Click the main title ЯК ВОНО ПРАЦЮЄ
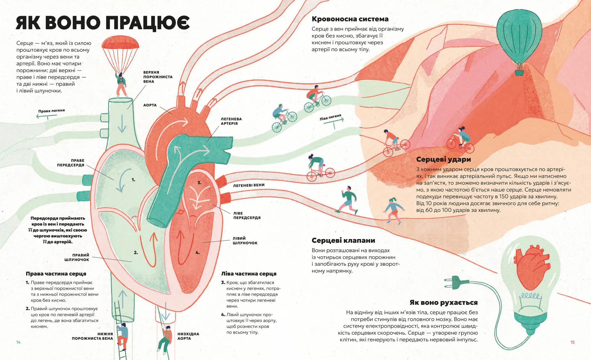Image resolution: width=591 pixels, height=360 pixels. click(103, 22)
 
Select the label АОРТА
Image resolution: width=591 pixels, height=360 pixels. click(150, 105)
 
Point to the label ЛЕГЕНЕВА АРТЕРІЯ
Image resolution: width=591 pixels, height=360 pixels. click(231, 121)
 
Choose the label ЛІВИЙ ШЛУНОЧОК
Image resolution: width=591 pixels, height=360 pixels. click(245, 241)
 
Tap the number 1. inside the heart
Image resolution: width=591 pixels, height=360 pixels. click(133, 180)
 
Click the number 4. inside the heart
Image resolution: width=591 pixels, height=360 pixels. click(198, 253)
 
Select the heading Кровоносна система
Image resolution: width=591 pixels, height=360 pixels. click(350, 19)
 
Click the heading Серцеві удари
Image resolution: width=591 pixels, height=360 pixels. click(443, 160)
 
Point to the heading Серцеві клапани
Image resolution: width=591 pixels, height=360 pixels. click(343, 241)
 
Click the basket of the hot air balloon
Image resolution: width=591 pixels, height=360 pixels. click(520, 73)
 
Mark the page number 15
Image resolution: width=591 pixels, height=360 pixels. click(572, 342)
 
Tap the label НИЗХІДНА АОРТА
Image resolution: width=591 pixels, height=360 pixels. click(188, 336)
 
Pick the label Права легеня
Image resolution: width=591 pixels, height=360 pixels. click(51, 111)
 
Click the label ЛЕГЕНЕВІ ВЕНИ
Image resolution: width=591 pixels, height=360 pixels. click(249, 185)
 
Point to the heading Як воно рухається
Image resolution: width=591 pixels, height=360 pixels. click(443, 302)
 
